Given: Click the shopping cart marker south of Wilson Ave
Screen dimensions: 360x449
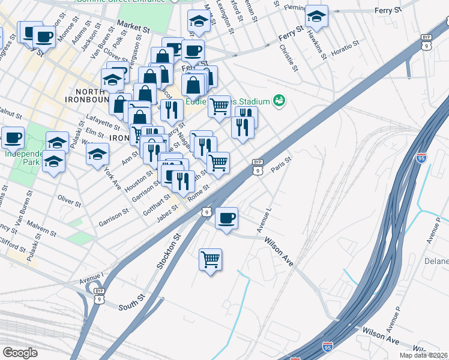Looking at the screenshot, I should coord(210,260).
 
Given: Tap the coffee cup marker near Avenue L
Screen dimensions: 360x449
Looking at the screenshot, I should coord(226,218).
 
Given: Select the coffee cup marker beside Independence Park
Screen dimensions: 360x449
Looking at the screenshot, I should coord(12,138).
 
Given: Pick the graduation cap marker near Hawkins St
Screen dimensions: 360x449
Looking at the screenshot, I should coord(316,17).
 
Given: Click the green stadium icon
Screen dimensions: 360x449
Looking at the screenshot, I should coord(279,100).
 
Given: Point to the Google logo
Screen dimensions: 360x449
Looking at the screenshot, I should coord(19,353).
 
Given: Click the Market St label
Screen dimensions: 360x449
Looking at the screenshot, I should coord(133,25).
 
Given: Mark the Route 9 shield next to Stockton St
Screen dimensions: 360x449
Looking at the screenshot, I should coord(206,212).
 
